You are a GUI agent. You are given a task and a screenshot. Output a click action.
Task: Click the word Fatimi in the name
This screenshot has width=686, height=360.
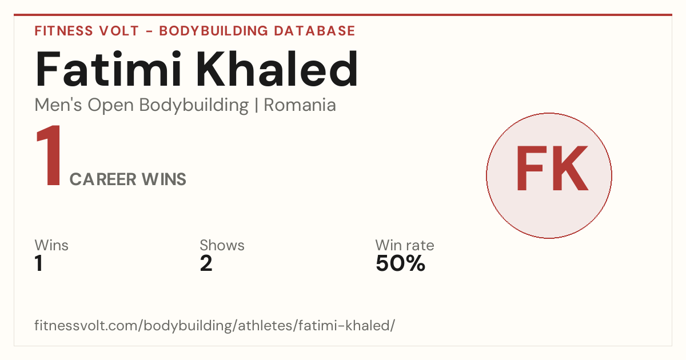click(x=108, y=69)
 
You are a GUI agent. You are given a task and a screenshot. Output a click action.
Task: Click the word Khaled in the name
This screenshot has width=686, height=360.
click(x=277, y=69)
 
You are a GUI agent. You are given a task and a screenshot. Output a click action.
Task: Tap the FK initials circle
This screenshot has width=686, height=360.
click(x=549, y=175)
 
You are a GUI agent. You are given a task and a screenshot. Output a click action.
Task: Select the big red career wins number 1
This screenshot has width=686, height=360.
click(x=49, y=155)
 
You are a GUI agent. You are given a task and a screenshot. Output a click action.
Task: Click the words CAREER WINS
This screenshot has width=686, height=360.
click(x=127, y=179)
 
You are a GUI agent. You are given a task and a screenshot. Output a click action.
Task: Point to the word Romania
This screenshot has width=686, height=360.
click(x=300, y=105)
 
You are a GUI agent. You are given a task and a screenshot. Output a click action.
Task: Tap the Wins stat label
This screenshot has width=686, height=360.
click(x=51, y=245)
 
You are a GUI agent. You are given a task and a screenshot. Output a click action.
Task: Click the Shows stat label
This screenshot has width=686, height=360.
click(x=222, y=245)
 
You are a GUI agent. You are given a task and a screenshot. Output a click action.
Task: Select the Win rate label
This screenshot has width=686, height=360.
click(x=405, y=245)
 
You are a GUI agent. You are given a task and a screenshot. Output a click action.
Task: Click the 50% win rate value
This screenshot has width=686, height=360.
click(x=400, y=263)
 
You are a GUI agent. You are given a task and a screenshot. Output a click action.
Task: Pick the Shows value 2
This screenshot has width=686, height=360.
click(x=206, y=263)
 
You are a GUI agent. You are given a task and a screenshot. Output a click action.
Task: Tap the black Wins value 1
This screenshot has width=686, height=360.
click(x=39, y=263)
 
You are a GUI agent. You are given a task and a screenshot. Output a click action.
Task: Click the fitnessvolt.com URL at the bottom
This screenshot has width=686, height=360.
click(x=215, y=325)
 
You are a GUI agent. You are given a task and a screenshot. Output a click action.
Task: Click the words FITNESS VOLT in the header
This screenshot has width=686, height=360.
click(x=87, y=31)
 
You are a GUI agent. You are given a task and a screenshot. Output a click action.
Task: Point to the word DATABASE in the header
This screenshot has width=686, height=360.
click(x=314, y=31)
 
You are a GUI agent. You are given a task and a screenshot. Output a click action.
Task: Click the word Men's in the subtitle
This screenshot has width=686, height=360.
click(x=58, y=105)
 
